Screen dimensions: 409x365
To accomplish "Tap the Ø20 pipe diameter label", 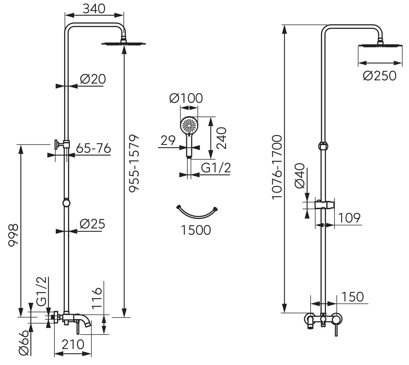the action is (93, 79).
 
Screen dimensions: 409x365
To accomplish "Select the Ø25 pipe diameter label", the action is (92, 224).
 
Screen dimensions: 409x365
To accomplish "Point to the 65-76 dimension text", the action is (94, 148).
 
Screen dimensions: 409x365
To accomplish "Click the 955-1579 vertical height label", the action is (135, 163).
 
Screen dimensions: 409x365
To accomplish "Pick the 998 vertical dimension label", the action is (13, 235).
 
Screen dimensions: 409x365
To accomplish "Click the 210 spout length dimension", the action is (73, 345).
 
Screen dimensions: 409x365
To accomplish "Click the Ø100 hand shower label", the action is (186, 99).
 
